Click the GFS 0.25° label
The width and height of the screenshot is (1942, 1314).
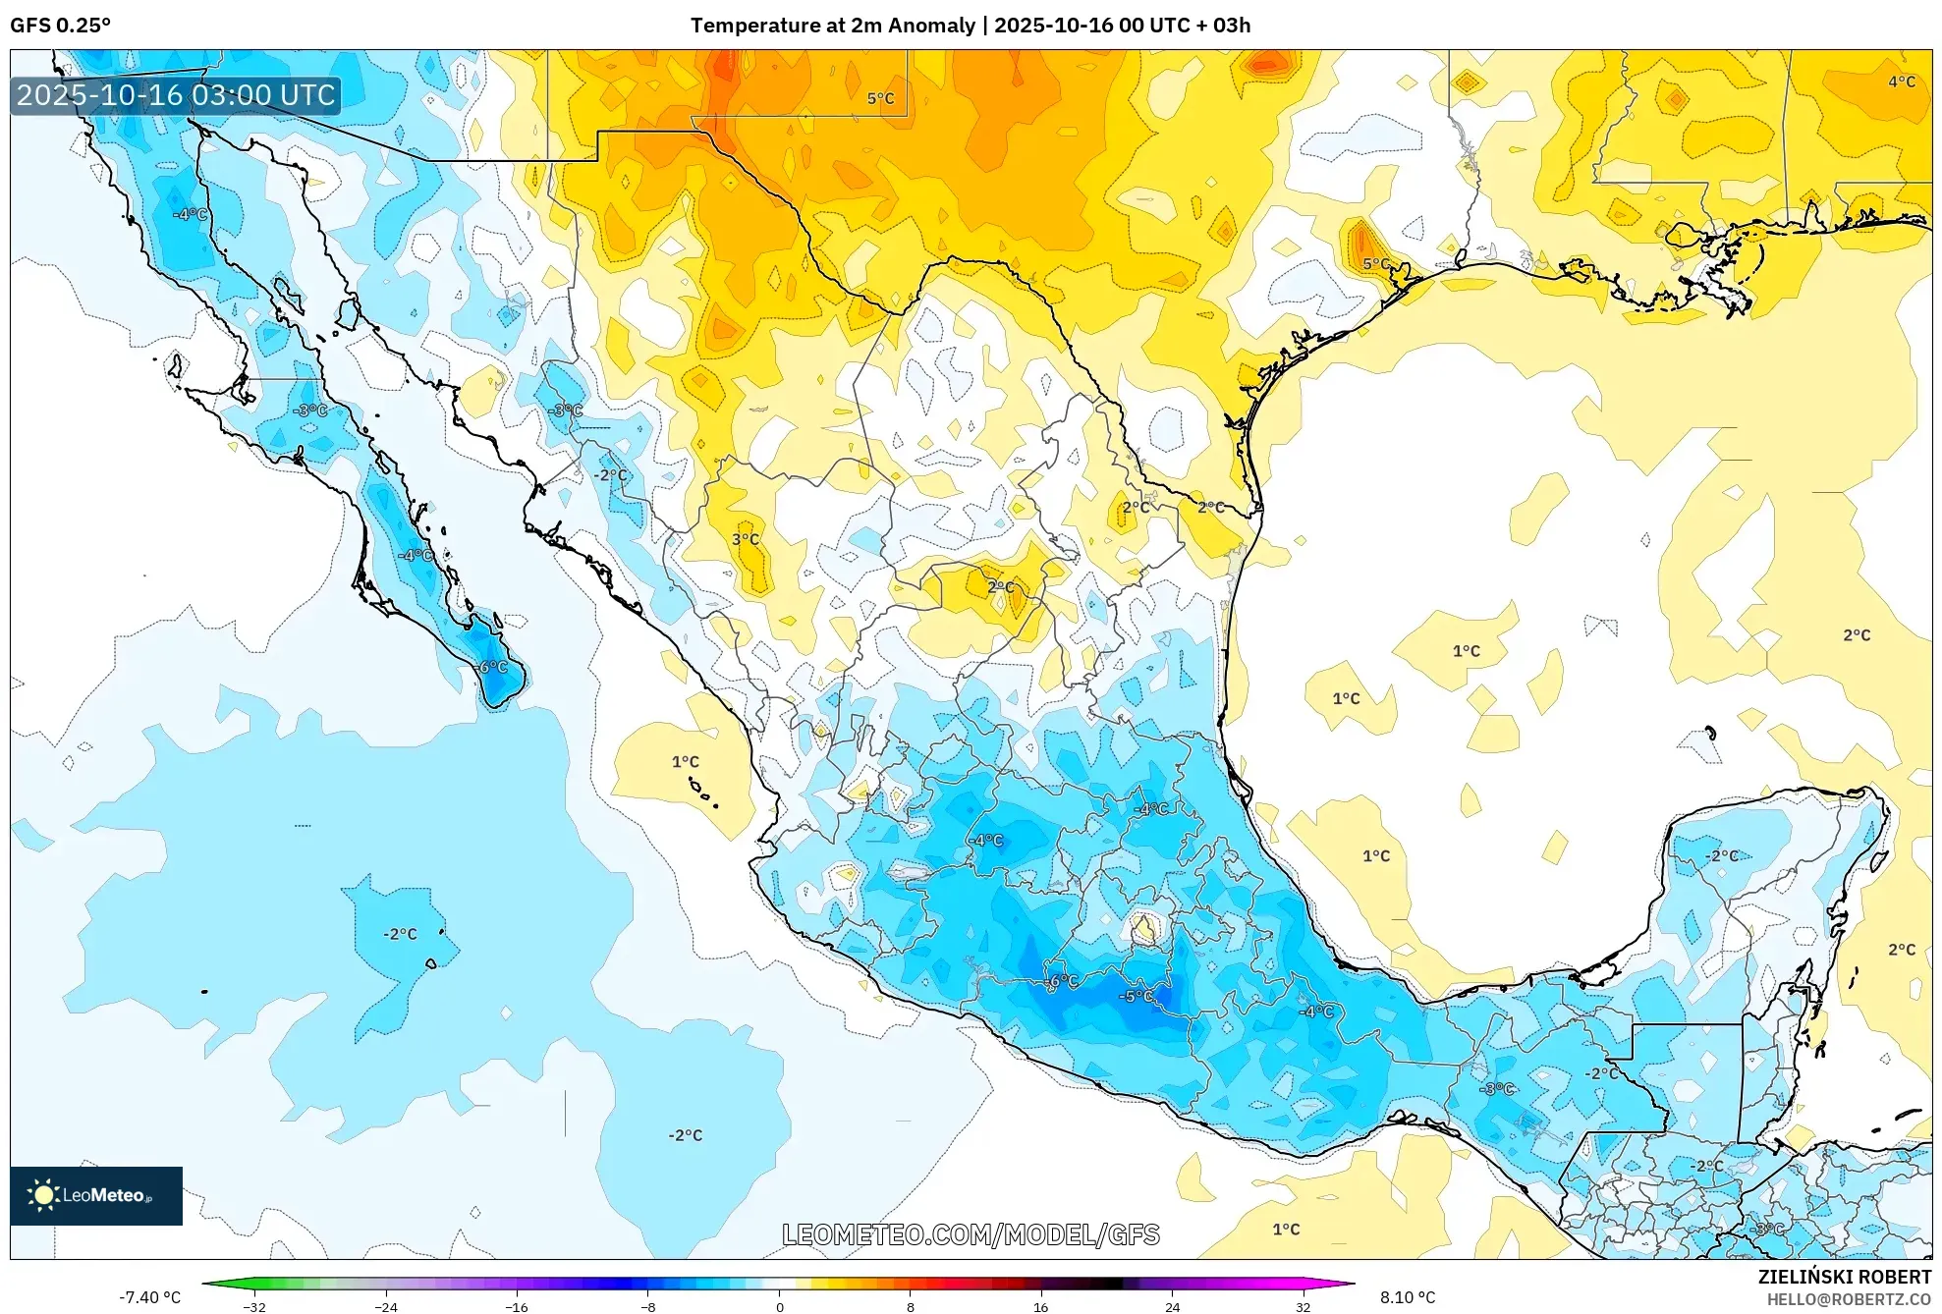coord(61,26)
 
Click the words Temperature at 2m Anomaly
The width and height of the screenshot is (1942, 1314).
coord(833,26)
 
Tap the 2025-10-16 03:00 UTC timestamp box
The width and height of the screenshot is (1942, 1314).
coord(177,95)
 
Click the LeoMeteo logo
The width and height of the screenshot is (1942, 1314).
coord(96,1195)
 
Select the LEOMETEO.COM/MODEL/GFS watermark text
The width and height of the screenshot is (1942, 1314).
coord(971,1234)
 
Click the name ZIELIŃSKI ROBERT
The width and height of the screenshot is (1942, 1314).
coord(1844,1277)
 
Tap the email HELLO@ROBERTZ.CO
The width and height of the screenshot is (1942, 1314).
coord(1848,1299)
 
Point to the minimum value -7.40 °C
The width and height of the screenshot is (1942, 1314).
coord(150,1297)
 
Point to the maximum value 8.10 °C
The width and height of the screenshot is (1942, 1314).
coord(1408,1297)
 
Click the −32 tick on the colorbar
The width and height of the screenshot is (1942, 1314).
coord(254,1307)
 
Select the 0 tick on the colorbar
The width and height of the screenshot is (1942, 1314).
coord(780,1307)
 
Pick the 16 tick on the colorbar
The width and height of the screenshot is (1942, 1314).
coord(1041,1307)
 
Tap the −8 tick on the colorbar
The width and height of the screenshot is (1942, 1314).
coord(648,1307)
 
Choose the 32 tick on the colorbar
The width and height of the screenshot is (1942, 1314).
coord(1303,1307)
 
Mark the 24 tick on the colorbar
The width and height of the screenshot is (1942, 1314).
coord(1172,1307)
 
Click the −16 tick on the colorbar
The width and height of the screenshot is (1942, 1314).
coord(517,1307)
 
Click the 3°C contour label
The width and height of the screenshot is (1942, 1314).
coord(746,539)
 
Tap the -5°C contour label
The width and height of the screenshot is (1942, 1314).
coord(1137,996)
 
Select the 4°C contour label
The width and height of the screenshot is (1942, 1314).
coord(1902,82)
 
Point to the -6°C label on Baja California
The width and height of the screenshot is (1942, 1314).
coord(492,668)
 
